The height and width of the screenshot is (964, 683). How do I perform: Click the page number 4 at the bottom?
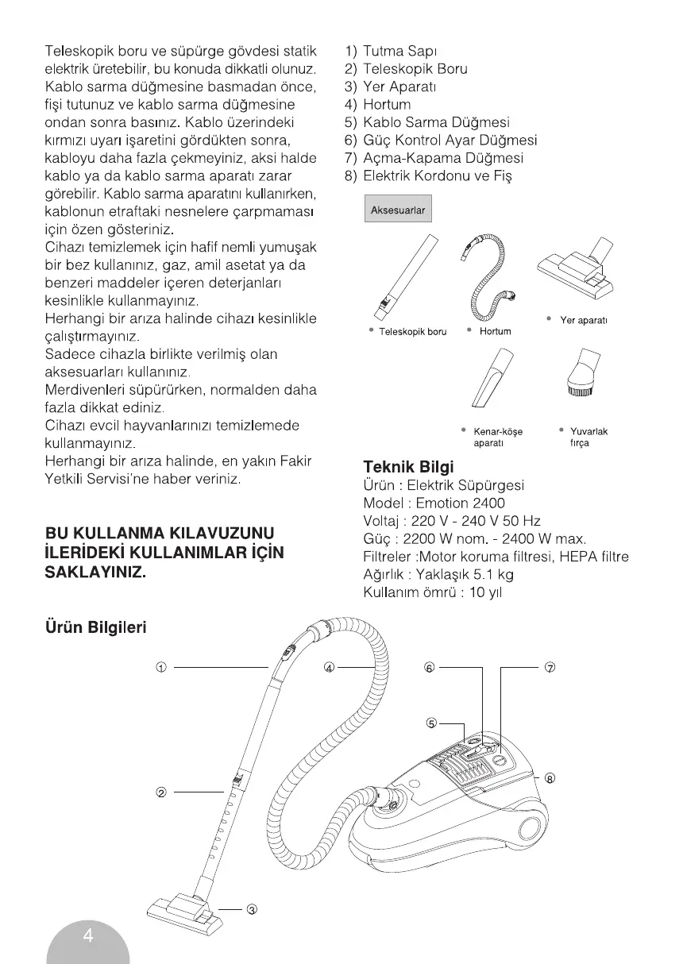88,936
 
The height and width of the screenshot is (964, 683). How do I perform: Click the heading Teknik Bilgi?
407,466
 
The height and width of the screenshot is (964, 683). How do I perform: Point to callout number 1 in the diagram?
160,667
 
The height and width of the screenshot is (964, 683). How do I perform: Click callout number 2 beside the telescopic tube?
160,792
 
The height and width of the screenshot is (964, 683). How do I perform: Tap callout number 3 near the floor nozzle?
252,909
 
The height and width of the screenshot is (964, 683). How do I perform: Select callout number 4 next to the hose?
330,667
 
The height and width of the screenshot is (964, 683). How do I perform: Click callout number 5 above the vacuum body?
431,723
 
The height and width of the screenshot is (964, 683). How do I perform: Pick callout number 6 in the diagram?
430,667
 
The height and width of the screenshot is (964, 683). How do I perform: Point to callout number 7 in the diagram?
549,667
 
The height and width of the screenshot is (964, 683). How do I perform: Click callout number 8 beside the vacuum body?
550,778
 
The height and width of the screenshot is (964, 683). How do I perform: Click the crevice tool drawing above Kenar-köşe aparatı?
493,378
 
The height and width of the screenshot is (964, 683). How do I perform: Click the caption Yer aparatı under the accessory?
584,320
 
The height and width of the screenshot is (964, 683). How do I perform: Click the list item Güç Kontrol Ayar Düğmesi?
450,141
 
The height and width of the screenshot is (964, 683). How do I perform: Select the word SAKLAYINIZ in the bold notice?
95,571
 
